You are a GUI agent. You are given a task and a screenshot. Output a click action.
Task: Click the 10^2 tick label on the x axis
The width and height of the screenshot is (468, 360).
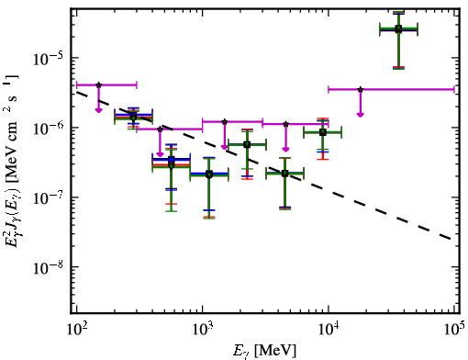[x=76, y=329]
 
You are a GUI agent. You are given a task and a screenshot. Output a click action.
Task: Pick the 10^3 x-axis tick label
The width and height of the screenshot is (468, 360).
[x=203, y=329]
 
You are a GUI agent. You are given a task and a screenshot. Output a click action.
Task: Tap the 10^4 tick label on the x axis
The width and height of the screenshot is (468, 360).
[x=329, y=329]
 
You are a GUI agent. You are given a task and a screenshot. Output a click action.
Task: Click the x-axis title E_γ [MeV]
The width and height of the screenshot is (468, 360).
[x=264, y=351]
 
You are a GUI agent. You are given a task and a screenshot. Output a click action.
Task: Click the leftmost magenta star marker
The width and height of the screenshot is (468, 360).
[x=98, y=84]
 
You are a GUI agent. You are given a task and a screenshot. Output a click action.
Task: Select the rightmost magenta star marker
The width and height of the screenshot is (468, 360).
[x=361, y=89]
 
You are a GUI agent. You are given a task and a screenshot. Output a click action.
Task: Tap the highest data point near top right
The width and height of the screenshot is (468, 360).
[x=398, y=29]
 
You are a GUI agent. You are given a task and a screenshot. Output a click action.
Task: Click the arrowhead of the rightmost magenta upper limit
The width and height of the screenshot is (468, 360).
[x=361, y=115]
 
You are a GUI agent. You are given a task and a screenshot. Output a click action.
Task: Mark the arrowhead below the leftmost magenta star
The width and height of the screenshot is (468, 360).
[x=98, y=110]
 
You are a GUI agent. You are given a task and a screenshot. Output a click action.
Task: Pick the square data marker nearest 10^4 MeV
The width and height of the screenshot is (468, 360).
[x=322, y=132]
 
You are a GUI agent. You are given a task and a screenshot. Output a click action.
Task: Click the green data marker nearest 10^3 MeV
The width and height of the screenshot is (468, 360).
[x=209, y=174]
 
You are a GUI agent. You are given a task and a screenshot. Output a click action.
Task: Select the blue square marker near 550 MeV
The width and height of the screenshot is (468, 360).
[x=172, y=160]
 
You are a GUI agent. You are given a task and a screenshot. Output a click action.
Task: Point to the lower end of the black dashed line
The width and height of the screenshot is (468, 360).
[x=451, y=239]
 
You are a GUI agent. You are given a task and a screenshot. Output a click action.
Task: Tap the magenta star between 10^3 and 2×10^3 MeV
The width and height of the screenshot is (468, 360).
[x=225, y=122]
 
